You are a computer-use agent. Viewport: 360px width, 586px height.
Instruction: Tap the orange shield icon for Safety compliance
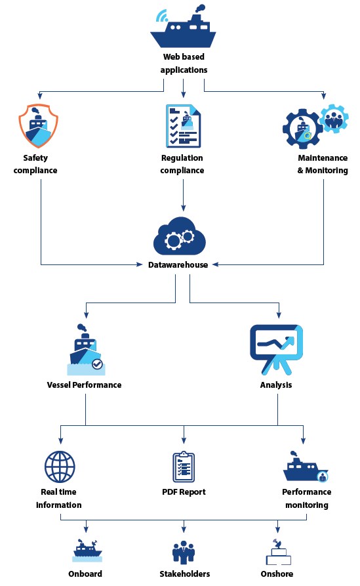point(39,125)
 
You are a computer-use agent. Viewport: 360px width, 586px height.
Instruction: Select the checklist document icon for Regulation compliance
point(183,126)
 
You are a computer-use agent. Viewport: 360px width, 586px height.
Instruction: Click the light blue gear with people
point(334,118)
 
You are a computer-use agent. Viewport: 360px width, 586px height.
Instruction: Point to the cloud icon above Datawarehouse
point(180,236)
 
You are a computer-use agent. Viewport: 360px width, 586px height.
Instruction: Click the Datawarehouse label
point(178,265)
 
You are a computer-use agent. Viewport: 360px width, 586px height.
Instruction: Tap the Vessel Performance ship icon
point(87,349)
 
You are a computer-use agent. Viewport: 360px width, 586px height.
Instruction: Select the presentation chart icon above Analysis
point(276,349)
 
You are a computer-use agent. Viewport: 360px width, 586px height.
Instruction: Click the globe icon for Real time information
point(60,467)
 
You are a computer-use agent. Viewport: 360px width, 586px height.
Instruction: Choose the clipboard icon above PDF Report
point(184,467)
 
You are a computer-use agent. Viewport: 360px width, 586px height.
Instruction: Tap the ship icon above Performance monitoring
point(306,467)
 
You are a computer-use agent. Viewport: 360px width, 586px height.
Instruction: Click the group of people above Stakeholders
point(184,552)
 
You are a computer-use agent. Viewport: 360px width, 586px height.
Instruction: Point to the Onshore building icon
point(278,552)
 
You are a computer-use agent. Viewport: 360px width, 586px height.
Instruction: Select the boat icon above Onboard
point(87,551)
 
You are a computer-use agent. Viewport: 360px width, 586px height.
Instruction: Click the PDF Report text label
point(184,492)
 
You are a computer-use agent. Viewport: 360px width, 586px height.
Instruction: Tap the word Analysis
point(276,385)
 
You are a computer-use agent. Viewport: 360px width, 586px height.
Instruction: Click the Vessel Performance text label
point(84,385)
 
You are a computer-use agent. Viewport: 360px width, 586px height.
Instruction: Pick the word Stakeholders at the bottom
point(184,574)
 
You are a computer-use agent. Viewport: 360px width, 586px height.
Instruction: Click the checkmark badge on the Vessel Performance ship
point(97,364)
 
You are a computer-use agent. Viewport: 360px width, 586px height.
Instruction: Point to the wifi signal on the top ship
point(162,15)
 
